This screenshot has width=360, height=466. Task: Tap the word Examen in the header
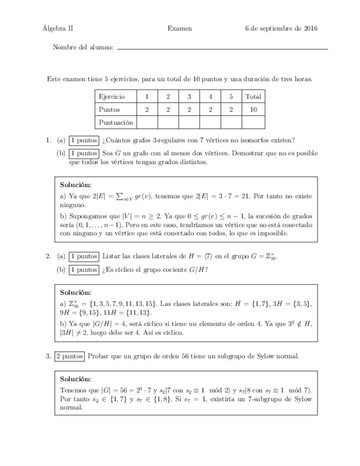click(180, 29)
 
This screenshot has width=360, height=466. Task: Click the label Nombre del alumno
click(83, 48)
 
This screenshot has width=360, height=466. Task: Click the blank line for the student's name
click(223, 49)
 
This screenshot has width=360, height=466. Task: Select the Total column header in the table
click(253, 96)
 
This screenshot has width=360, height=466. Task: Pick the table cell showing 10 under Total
click(253, 109)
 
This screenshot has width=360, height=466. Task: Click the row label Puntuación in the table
click(115, 122)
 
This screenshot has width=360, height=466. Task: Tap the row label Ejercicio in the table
click(112, 96)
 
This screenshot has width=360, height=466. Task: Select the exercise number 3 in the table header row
click(189, 96)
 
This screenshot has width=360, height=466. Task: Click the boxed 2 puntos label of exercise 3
click(69, 357)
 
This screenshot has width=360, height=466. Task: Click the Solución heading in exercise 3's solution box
click(75, 379)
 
